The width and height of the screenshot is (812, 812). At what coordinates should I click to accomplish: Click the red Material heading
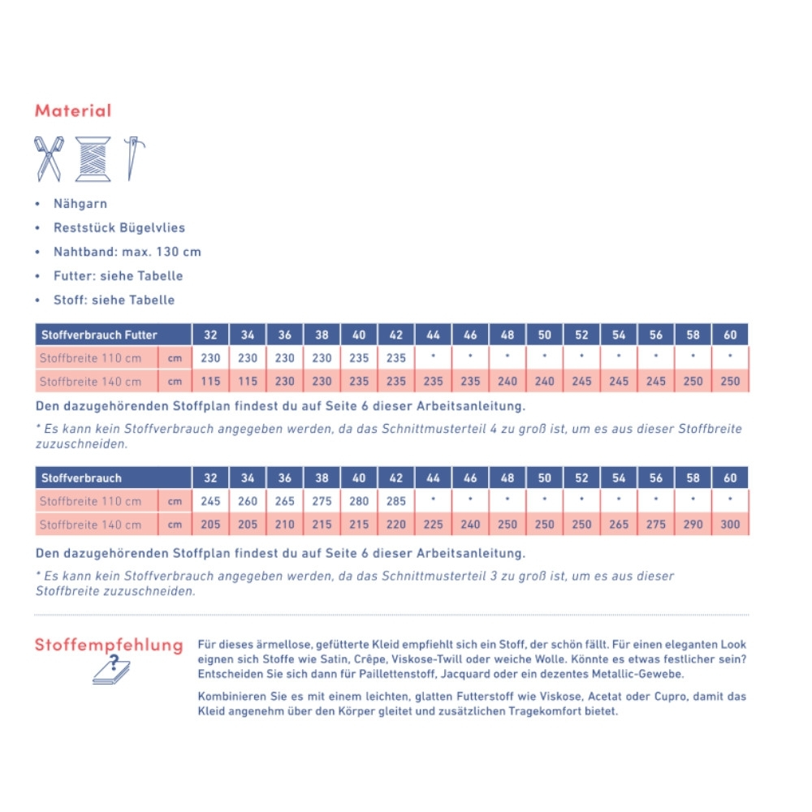[73, 110]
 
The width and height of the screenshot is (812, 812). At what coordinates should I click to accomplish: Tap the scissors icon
[48, 158]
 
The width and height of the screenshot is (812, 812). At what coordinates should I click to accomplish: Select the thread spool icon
[93, 158]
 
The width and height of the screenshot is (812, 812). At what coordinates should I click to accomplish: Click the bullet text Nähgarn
[80, 204]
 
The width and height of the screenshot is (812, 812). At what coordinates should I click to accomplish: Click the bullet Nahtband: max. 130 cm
[127, 252]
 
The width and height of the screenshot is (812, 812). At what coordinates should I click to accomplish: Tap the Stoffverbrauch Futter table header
[99, 335]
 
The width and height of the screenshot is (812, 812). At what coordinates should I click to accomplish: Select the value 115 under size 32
[210, 382]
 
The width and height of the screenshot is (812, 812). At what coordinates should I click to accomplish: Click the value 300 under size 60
[730, 525]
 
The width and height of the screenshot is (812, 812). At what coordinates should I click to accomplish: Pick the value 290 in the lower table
[693, 525]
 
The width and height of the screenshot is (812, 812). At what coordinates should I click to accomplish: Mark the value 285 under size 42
[396, 501]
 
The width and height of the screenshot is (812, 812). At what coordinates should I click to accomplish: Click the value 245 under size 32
[210, 501]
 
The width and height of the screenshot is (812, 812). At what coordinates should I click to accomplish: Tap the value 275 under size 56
[656, 525]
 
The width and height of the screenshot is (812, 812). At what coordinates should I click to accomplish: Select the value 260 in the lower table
[248, 501]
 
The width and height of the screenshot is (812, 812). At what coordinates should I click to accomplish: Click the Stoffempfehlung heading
[109, 646]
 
